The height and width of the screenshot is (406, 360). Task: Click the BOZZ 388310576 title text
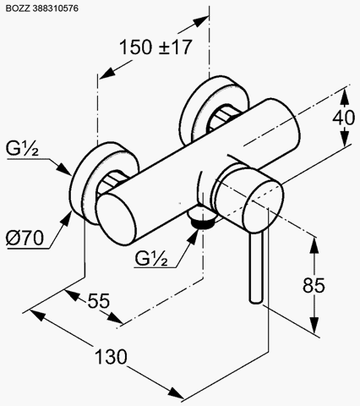(42, 8)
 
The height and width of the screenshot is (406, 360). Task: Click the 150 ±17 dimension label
(155, 47)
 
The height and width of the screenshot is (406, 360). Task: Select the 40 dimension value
(343, 118)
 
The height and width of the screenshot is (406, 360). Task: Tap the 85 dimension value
(314, 285)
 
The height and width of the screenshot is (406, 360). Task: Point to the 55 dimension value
(99, 300)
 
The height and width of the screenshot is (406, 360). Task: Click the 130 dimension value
(111, 357)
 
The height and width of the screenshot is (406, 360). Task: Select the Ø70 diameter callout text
(25, 238)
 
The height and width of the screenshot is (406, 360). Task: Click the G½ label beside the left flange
(22, 149)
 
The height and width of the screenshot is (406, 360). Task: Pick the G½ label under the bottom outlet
(151, 258)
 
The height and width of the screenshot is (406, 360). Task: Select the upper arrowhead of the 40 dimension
(345, 96)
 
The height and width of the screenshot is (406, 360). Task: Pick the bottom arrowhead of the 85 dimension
(314, 325)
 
